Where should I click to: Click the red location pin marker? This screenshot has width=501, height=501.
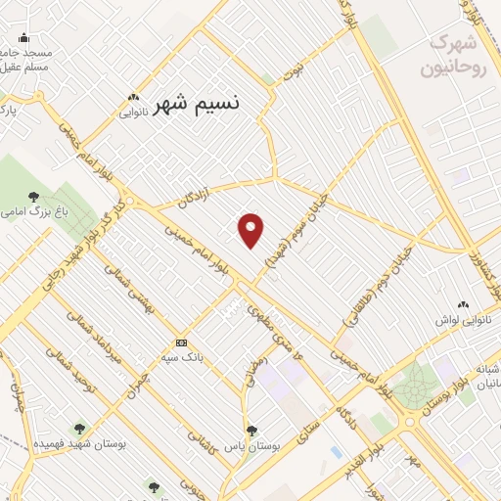click(251, 230)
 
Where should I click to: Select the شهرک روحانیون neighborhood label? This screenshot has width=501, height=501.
click(452, 56)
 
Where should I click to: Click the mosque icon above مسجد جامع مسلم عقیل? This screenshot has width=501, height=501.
click(23, 38)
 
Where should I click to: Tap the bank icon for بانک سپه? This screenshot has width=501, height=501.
click(181, 342)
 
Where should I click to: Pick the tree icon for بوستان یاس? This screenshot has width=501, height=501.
click(252, 430)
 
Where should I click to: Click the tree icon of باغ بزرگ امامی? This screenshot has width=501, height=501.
click(34, 196)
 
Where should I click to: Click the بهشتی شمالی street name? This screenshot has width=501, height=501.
click(132, 283)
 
